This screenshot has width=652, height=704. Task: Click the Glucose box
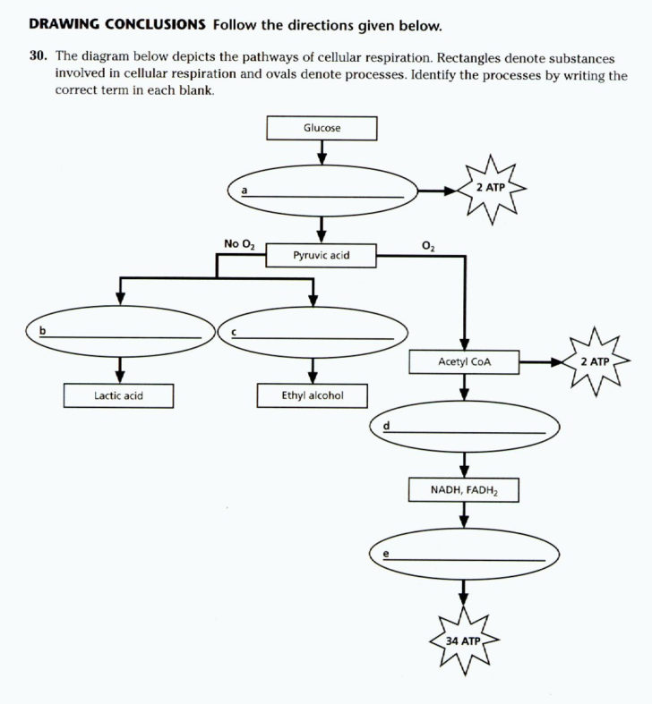click(x=322, y=128)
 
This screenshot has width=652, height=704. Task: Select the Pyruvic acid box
click(x=321, y=256)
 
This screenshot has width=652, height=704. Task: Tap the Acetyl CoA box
click(x=464, y=362)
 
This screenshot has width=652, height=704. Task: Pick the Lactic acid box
click(x=119, y=394)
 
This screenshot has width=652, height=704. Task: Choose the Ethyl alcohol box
click(x=312, y=394)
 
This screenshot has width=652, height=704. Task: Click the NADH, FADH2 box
click(x=464, y=490)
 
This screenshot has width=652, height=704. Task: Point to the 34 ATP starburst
click(x=464, y=641)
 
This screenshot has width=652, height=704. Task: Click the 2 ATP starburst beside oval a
click(x=490, y=188)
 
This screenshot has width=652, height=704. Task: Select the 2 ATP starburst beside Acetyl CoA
click(x=594, y=361)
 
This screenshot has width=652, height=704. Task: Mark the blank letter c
click(x=234, y=332)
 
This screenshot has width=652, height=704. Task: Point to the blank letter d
click(x=386, y=426)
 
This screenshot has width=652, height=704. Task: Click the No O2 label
click(x=239, y=243)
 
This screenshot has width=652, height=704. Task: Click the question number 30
click(x=37, y=55)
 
